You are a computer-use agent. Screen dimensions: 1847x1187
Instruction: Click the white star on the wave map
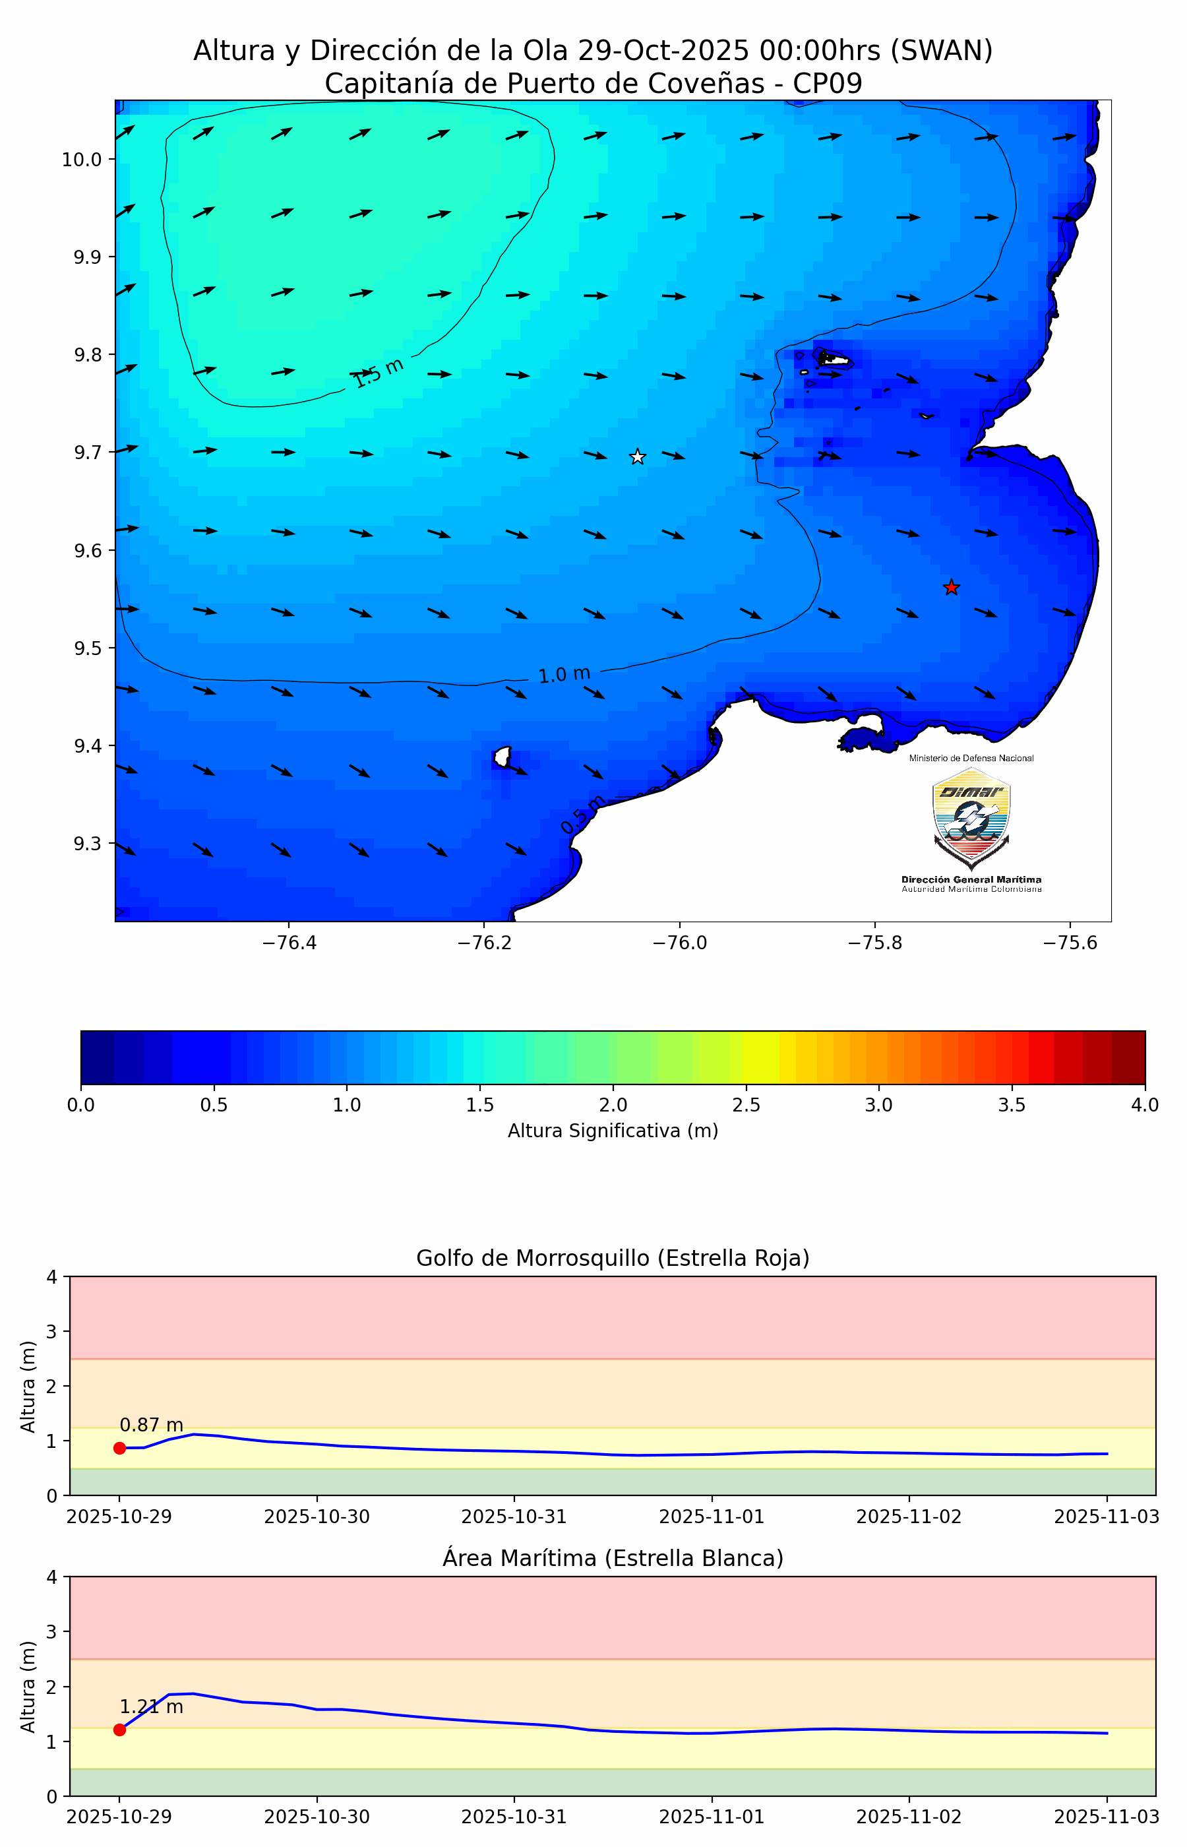(638, 457)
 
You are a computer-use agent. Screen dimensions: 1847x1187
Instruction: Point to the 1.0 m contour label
(564, 675)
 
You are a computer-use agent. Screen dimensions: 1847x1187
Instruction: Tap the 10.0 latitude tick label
(82, 160)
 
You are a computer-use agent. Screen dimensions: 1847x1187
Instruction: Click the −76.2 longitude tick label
(484, 943)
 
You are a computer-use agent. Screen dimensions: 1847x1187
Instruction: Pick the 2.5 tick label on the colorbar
(746, 1105)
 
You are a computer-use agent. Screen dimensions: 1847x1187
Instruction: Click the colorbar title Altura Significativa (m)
(613, 1131)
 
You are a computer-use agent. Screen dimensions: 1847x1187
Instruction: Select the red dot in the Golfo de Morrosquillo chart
(119, 1449)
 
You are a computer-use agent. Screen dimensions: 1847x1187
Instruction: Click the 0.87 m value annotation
(151, 1425)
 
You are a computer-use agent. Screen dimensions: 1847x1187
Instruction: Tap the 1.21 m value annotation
(151, 1706)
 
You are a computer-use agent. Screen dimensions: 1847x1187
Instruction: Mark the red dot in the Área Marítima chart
(119, 1730)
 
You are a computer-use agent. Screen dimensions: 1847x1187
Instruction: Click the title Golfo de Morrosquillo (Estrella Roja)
(613, 1258)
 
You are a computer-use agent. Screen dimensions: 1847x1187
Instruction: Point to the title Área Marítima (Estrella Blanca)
(613, 1558)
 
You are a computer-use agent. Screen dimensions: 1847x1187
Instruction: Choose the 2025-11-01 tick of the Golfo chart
(712, 1517)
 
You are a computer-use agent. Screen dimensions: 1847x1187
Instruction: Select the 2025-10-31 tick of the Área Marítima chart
(514, 1817)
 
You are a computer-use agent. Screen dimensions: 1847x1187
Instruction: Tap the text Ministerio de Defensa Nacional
(971, 759)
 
